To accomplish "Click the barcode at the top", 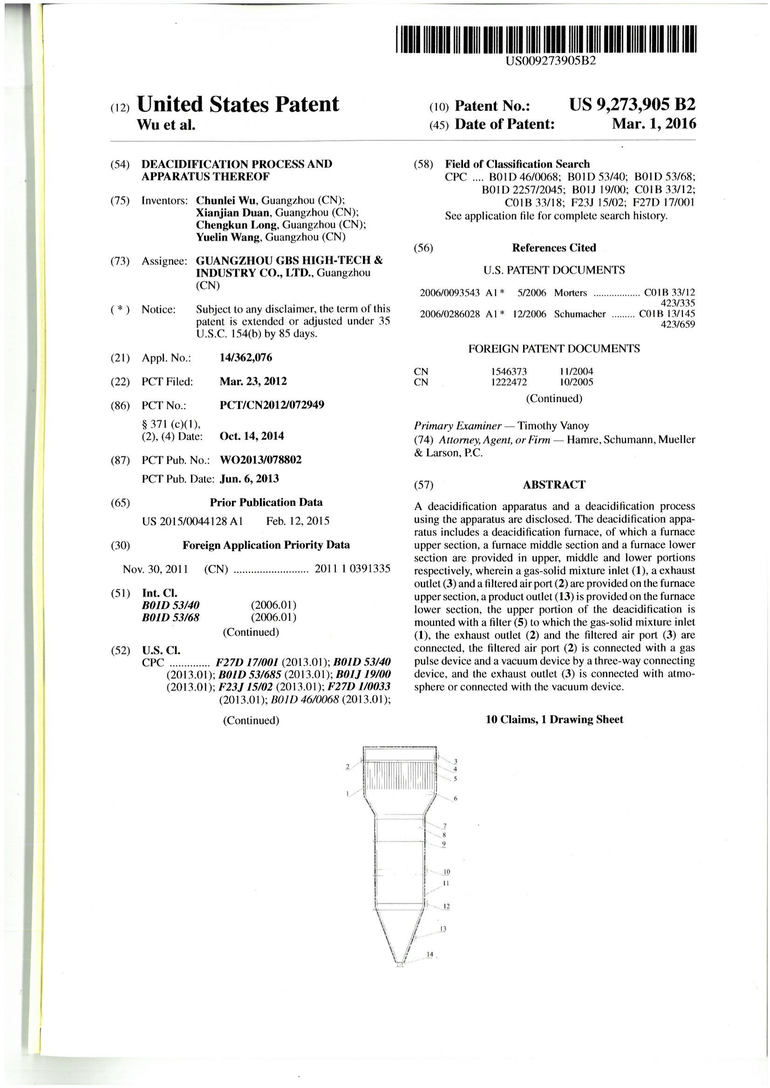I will tap(546, 39).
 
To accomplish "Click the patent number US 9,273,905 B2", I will tap(632, 104).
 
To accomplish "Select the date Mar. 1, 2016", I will tap(654, 124).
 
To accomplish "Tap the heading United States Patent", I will tap(238, 104).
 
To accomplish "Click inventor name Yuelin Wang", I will tap(229, 237).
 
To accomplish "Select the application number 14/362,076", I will tap(245, 358).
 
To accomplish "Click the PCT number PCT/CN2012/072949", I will tap(271, 405).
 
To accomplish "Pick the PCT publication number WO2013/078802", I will tap(260, 460).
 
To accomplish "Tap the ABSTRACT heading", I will tap(554, 485).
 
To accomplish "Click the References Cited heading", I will tap(554, 248).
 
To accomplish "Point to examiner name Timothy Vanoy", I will tap(553, 426).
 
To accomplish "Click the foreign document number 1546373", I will tap(509, 371).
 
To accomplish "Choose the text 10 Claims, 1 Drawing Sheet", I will tap(554, 719).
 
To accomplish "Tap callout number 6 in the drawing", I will tap(455, 799).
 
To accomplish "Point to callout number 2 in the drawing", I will tap(347, 767).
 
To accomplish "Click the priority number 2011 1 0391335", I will tap(352, 569).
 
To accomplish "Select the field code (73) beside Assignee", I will tap(120, 261).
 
